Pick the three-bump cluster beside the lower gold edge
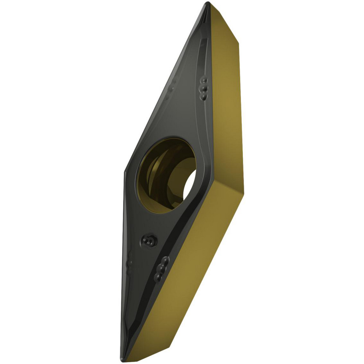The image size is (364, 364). pyautogui.click(x=161, y=269)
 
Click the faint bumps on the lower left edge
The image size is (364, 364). pyautogui.click(x=128, y=266)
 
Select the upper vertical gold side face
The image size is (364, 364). pyautogui.click(x=226, y=109)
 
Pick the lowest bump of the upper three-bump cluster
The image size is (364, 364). pyautogui.click(x=203, y=97)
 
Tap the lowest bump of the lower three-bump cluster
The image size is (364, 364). pyautogui.click(x=157, y=278)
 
